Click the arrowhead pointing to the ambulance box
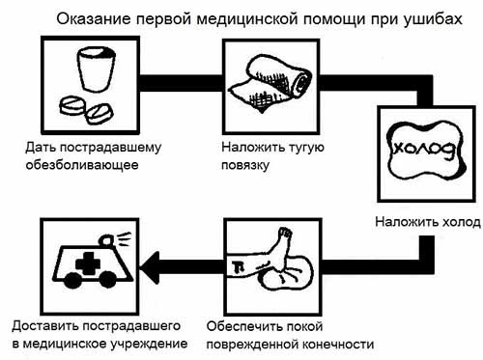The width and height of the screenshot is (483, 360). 150,263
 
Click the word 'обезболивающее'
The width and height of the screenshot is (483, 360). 77,165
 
